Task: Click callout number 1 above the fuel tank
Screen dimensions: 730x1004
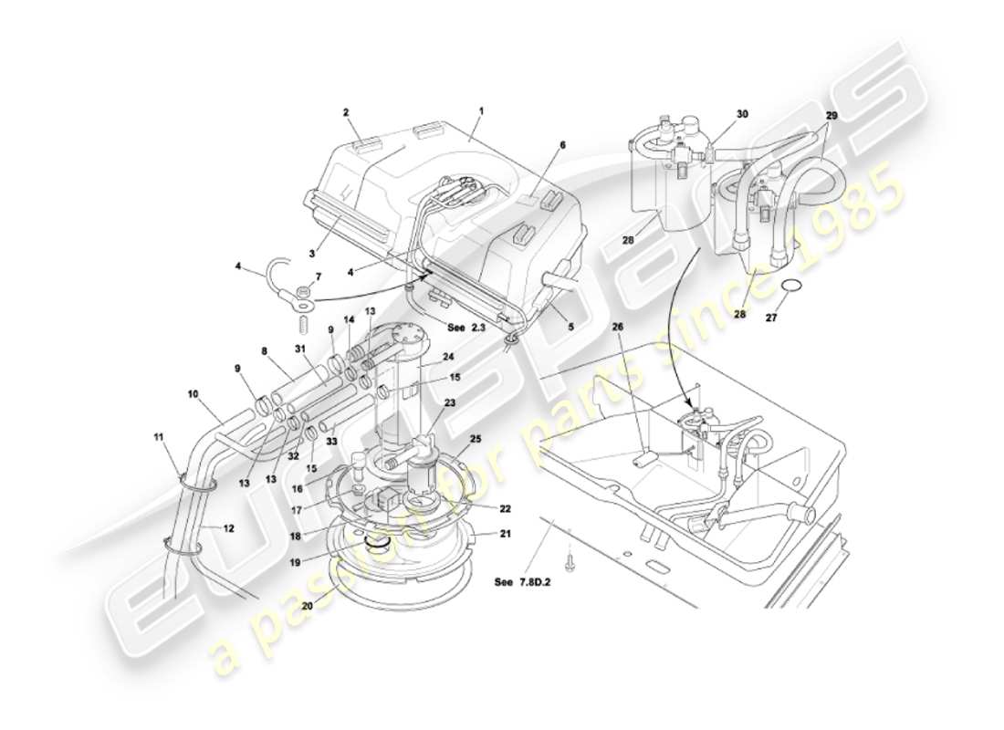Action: (481, 110)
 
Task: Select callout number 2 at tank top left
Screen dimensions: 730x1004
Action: (346, 113)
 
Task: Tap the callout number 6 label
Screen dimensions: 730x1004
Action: (563, 145)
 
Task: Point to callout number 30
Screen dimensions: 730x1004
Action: (742, 114)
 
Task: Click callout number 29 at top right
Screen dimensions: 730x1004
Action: (831, 115)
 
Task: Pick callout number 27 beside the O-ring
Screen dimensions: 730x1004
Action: (771, 319)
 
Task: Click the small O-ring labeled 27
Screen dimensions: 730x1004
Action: (793, 287)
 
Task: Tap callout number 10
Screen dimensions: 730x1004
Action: (193, 394)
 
